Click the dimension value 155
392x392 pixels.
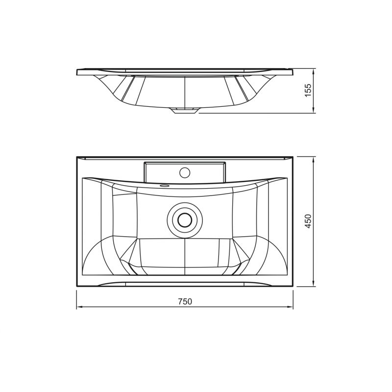(308, 90)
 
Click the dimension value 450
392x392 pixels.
(308, 221)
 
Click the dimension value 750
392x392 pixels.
(185, 302)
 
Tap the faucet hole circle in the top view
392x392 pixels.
(185, 172)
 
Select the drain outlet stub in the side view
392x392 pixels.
(185, 111)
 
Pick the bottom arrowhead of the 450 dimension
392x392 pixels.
(314, 284)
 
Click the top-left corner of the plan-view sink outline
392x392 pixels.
(77, 157)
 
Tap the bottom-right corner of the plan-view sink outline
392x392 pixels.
(293, 286)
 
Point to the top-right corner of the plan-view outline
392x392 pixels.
(293, 157)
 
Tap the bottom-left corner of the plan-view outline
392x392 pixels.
(77, 286)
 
